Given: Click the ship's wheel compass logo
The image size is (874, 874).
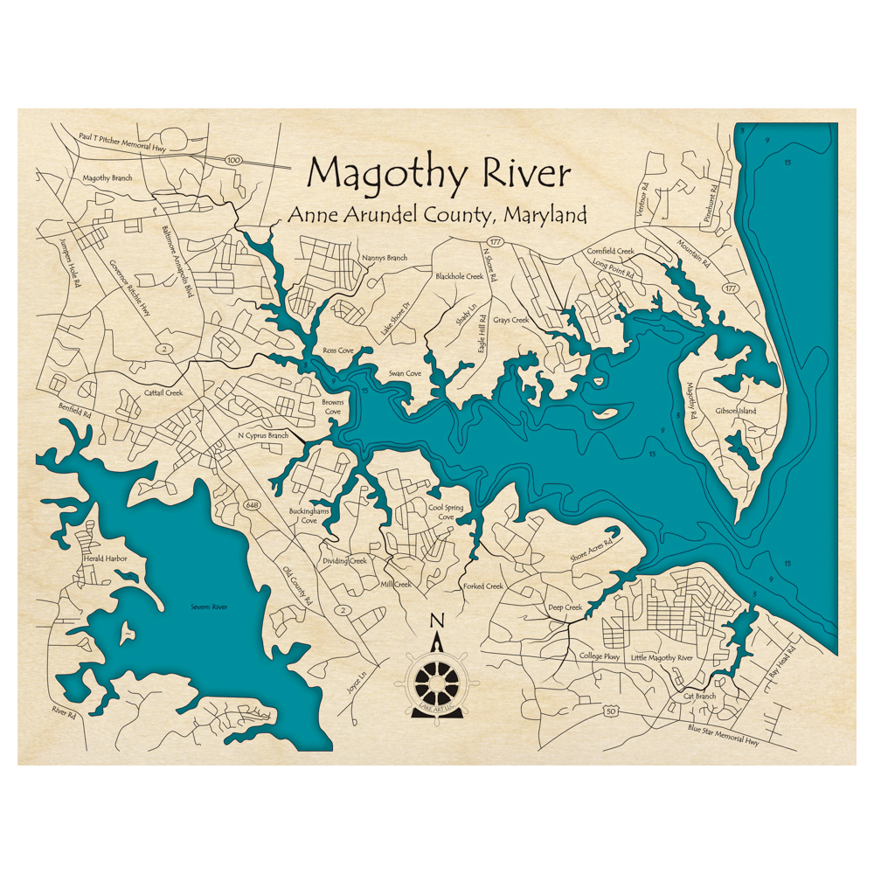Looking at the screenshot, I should pyautogui.click(x=437, y=682).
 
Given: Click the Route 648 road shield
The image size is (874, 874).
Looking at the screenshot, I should pyautogui.click(x=253, y=505).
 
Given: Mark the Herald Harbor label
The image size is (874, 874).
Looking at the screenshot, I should pyautogui.click(x=99, y=558).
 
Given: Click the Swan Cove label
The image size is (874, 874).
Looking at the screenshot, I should pyautogui.click(x=405, y=374).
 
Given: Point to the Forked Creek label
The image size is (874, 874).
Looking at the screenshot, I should pyautogui.click(x=483, y=586).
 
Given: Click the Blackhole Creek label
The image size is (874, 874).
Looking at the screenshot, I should pyautogui.click(x=460, y=276).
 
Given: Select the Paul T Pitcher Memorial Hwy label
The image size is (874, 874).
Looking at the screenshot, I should pyautogui.click(x=122, y=142).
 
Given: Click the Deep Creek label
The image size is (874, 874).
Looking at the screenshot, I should pyautogui.click(x=565, y=607).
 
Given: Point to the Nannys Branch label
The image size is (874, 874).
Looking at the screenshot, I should pyautogui.click(x=385, y=258).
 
